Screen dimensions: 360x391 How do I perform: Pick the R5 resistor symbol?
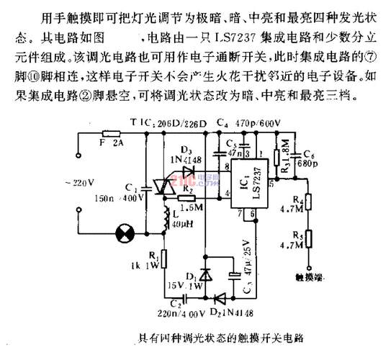tap(310, 240)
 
